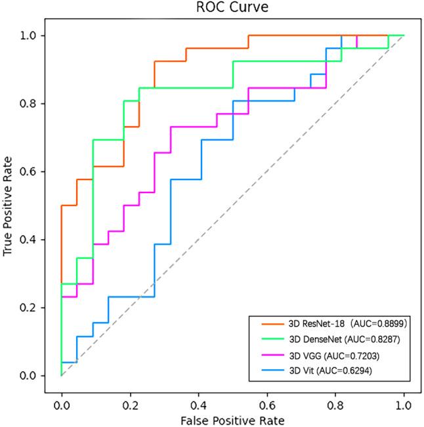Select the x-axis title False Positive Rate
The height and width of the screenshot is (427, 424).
point(232,418)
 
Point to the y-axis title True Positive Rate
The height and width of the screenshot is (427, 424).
point(9,206)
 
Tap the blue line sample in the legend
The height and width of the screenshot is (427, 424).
point(269,372)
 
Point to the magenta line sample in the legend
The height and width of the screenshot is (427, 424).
point(269,357)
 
